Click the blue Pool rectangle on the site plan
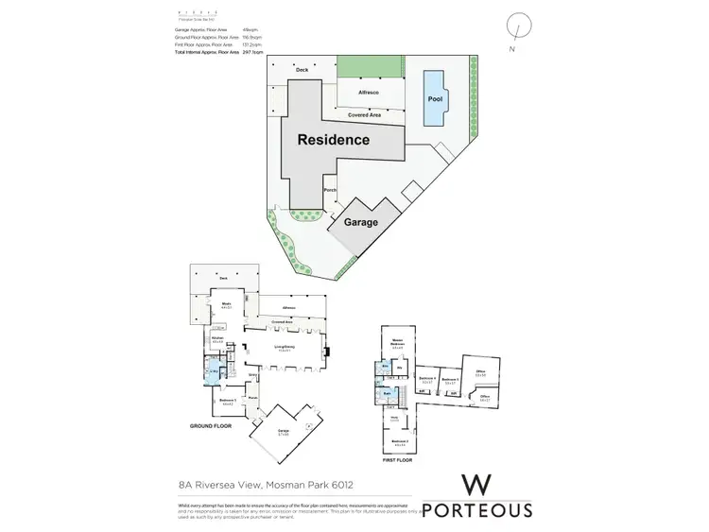point(435,97)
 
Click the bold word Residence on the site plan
point(334,140)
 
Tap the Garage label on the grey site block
point(360,222)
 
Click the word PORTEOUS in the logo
point(476,510)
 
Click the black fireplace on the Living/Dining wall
point(327,354)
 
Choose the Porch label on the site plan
point(330,190)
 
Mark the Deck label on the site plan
point(302,71)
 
